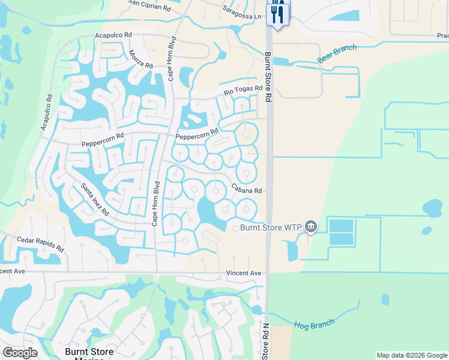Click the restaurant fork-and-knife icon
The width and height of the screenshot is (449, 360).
(277, 14)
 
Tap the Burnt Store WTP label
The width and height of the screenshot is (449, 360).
(272, 227)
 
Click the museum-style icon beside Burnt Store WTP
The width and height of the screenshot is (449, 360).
(311, 226)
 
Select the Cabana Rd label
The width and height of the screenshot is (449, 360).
(247, 188)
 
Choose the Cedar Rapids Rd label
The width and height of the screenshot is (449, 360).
(40, 243)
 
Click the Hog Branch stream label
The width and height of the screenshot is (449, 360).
(314, 325)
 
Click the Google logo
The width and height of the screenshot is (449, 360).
(20, 353)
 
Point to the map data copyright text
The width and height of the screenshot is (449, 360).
(411, 355)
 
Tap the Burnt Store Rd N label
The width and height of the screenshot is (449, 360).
(265, 342)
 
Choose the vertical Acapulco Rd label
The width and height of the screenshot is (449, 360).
(47, 113)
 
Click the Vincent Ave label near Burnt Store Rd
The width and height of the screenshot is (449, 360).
(244, 273)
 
